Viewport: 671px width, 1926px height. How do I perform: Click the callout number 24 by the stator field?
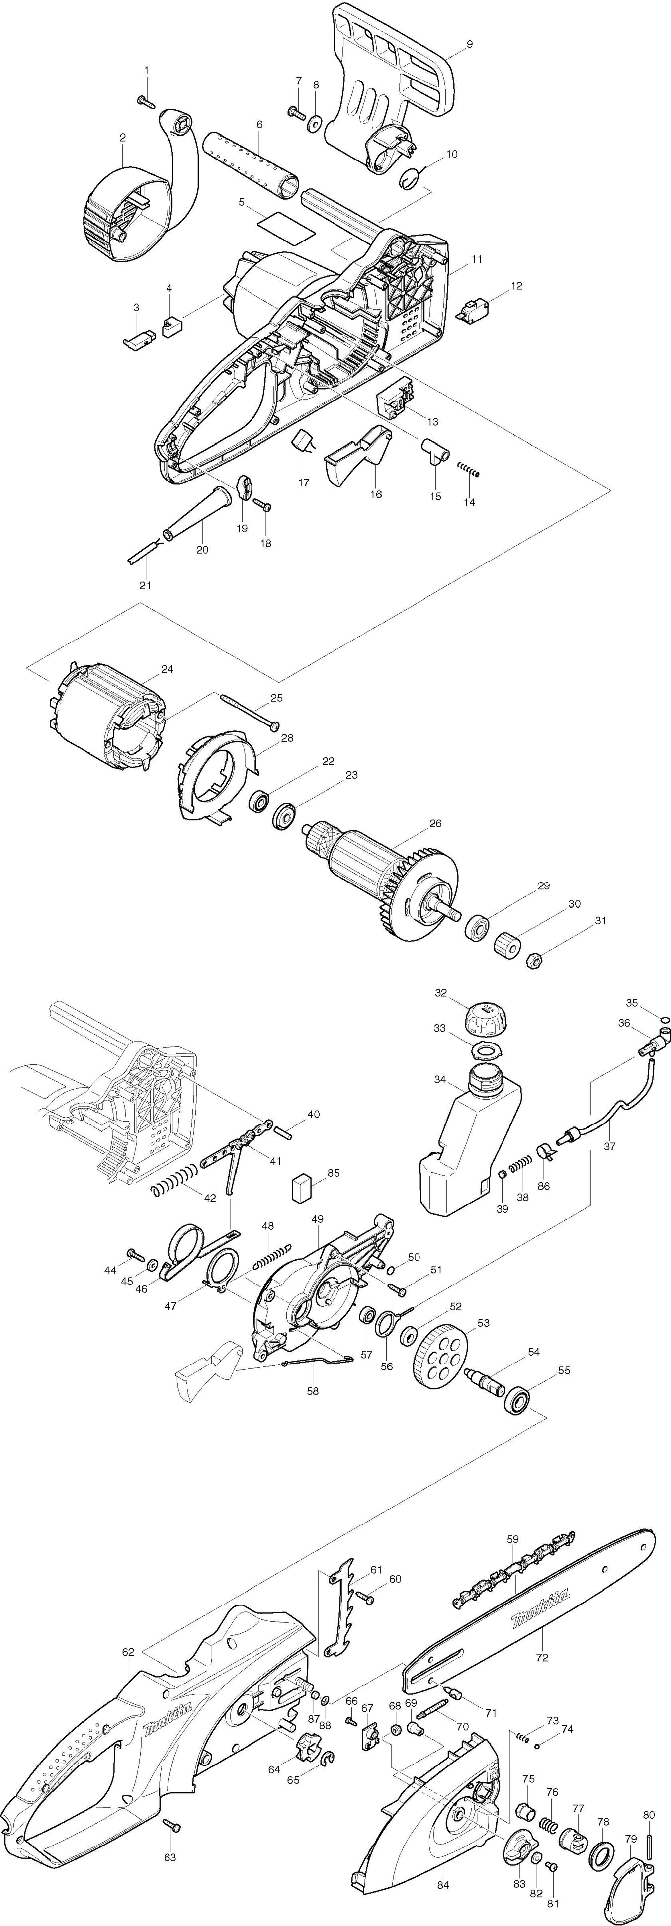click(x=168, y=669)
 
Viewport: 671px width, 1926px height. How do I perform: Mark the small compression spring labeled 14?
click(x=469, y=470)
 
